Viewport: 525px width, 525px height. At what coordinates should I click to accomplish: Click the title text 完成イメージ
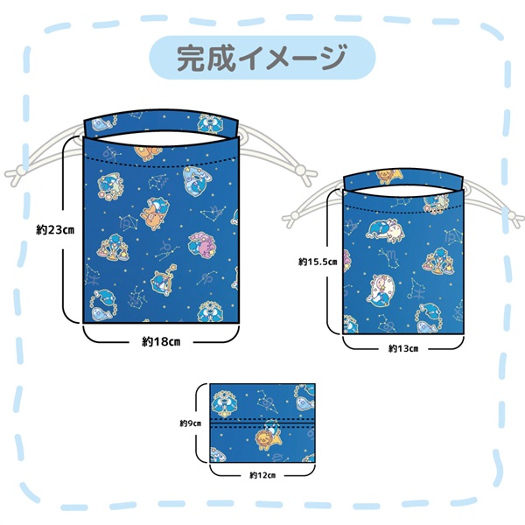(262, 58)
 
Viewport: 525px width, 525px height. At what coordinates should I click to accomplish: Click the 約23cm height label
(55, 230)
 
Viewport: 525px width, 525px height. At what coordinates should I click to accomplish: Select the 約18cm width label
(161, 342)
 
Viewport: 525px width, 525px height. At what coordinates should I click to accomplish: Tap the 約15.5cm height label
(318, 262)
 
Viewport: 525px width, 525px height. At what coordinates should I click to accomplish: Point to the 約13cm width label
(403, 349)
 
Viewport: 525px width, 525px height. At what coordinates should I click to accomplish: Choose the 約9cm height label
(191, 423)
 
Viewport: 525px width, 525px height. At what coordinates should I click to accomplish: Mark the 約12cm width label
(262, 475)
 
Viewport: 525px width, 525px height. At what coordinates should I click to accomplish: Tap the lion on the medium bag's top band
(389, 177)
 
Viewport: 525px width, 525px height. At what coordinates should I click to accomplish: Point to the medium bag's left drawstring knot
(292, 217)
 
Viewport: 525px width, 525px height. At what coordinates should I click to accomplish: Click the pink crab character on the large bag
(202, 245)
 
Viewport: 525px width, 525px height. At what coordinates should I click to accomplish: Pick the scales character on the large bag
(113, 248)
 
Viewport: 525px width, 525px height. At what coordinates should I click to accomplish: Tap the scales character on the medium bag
(437, 261)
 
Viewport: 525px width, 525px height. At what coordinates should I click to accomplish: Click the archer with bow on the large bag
(163, 280)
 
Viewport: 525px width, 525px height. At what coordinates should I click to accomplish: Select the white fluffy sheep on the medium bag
(382, 289)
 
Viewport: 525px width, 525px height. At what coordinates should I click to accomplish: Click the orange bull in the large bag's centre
(154, 214)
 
